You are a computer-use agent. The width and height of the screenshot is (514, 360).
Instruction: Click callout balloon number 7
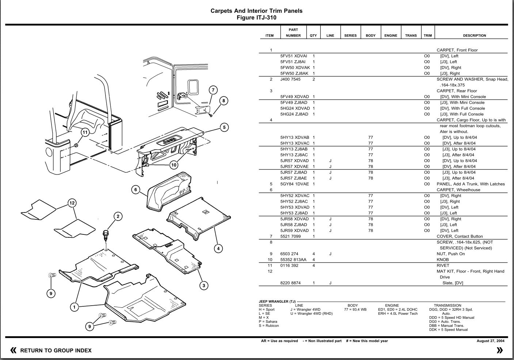pyautogui.click(x=213, y=90)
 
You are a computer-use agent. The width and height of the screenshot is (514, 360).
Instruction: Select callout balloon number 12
pyautogui.click(x=72, y=203)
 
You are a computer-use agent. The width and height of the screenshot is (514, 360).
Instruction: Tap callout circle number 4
pyautogui.click(x=218, y=249)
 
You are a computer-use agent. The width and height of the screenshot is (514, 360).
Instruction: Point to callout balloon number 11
pyautogui.click(x=85, y=132)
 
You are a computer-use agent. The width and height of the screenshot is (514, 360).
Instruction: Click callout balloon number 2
pyautogui.click(x=118, y=217)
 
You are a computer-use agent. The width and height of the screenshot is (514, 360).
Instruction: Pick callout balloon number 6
pyautogui.click(x=136, y=189)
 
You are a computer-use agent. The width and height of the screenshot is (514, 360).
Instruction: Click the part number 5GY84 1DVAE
pyautogui.click(x=294, y=184)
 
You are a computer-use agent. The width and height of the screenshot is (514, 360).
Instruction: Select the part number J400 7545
pyautogui.click(x=290, y=79)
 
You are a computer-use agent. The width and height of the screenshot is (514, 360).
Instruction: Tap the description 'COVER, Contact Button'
pyautogui.click(x=460, y=236)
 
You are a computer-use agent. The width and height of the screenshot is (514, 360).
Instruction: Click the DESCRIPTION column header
pyautogui.click(x=474, y=35)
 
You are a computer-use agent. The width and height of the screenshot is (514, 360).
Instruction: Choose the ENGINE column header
pyautogui.click(x=391, y=35)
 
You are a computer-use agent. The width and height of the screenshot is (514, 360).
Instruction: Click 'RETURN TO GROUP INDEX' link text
pyautogui.click(x=56, y=351)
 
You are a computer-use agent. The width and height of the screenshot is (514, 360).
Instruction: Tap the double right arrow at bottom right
pyautogui.click(x=500, y=351)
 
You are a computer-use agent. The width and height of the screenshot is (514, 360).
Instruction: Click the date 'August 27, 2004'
pyautogui.click(x=490, y=341)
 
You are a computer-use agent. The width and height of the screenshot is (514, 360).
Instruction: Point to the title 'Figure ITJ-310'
pyautogui.click(x=256, y=18)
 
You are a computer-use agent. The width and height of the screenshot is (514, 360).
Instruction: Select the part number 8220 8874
pyautogui.click(x=290, y=283)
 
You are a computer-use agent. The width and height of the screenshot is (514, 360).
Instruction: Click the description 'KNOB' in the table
pyautogui.click(x=443, y=260)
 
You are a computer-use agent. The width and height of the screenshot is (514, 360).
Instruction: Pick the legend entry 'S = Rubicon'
pyautogui.click(x=269, y=326)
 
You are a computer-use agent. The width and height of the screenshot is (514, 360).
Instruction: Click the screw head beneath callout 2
pyautogui.click(x=106, y=233)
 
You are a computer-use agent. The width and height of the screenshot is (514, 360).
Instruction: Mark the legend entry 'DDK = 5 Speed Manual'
pyautogui.click(x=448, y=330)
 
